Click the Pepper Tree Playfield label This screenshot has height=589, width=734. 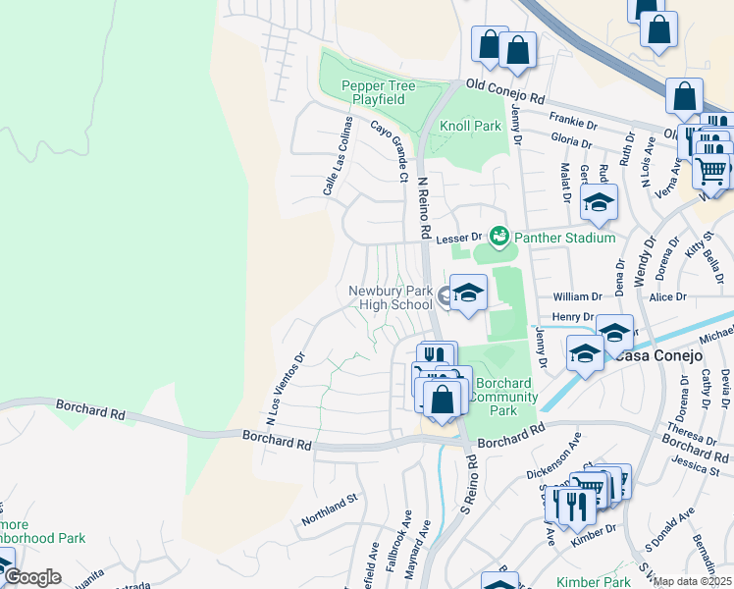point(379,93)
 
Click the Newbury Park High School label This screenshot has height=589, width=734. point(391,297)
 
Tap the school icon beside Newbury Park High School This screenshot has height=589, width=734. point(468,293)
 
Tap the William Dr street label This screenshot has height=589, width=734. point(577,296)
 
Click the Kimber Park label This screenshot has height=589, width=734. point(593,582)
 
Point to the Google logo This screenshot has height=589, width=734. point(31,577)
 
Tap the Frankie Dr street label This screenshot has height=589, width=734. point(573,122)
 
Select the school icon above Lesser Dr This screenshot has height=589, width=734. point(598,203)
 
